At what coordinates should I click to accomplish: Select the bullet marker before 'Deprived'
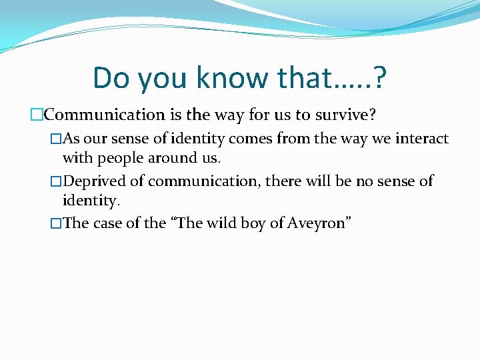coord(56,181)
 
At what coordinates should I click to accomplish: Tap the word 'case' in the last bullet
coord(105,223)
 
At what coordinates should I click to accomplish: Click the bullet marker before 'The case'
coord(56,223)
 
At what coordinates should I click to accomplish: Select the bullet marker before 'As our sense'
coord(56,139)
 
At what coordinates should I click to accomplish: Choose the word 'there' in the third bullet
coord(288,181)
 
